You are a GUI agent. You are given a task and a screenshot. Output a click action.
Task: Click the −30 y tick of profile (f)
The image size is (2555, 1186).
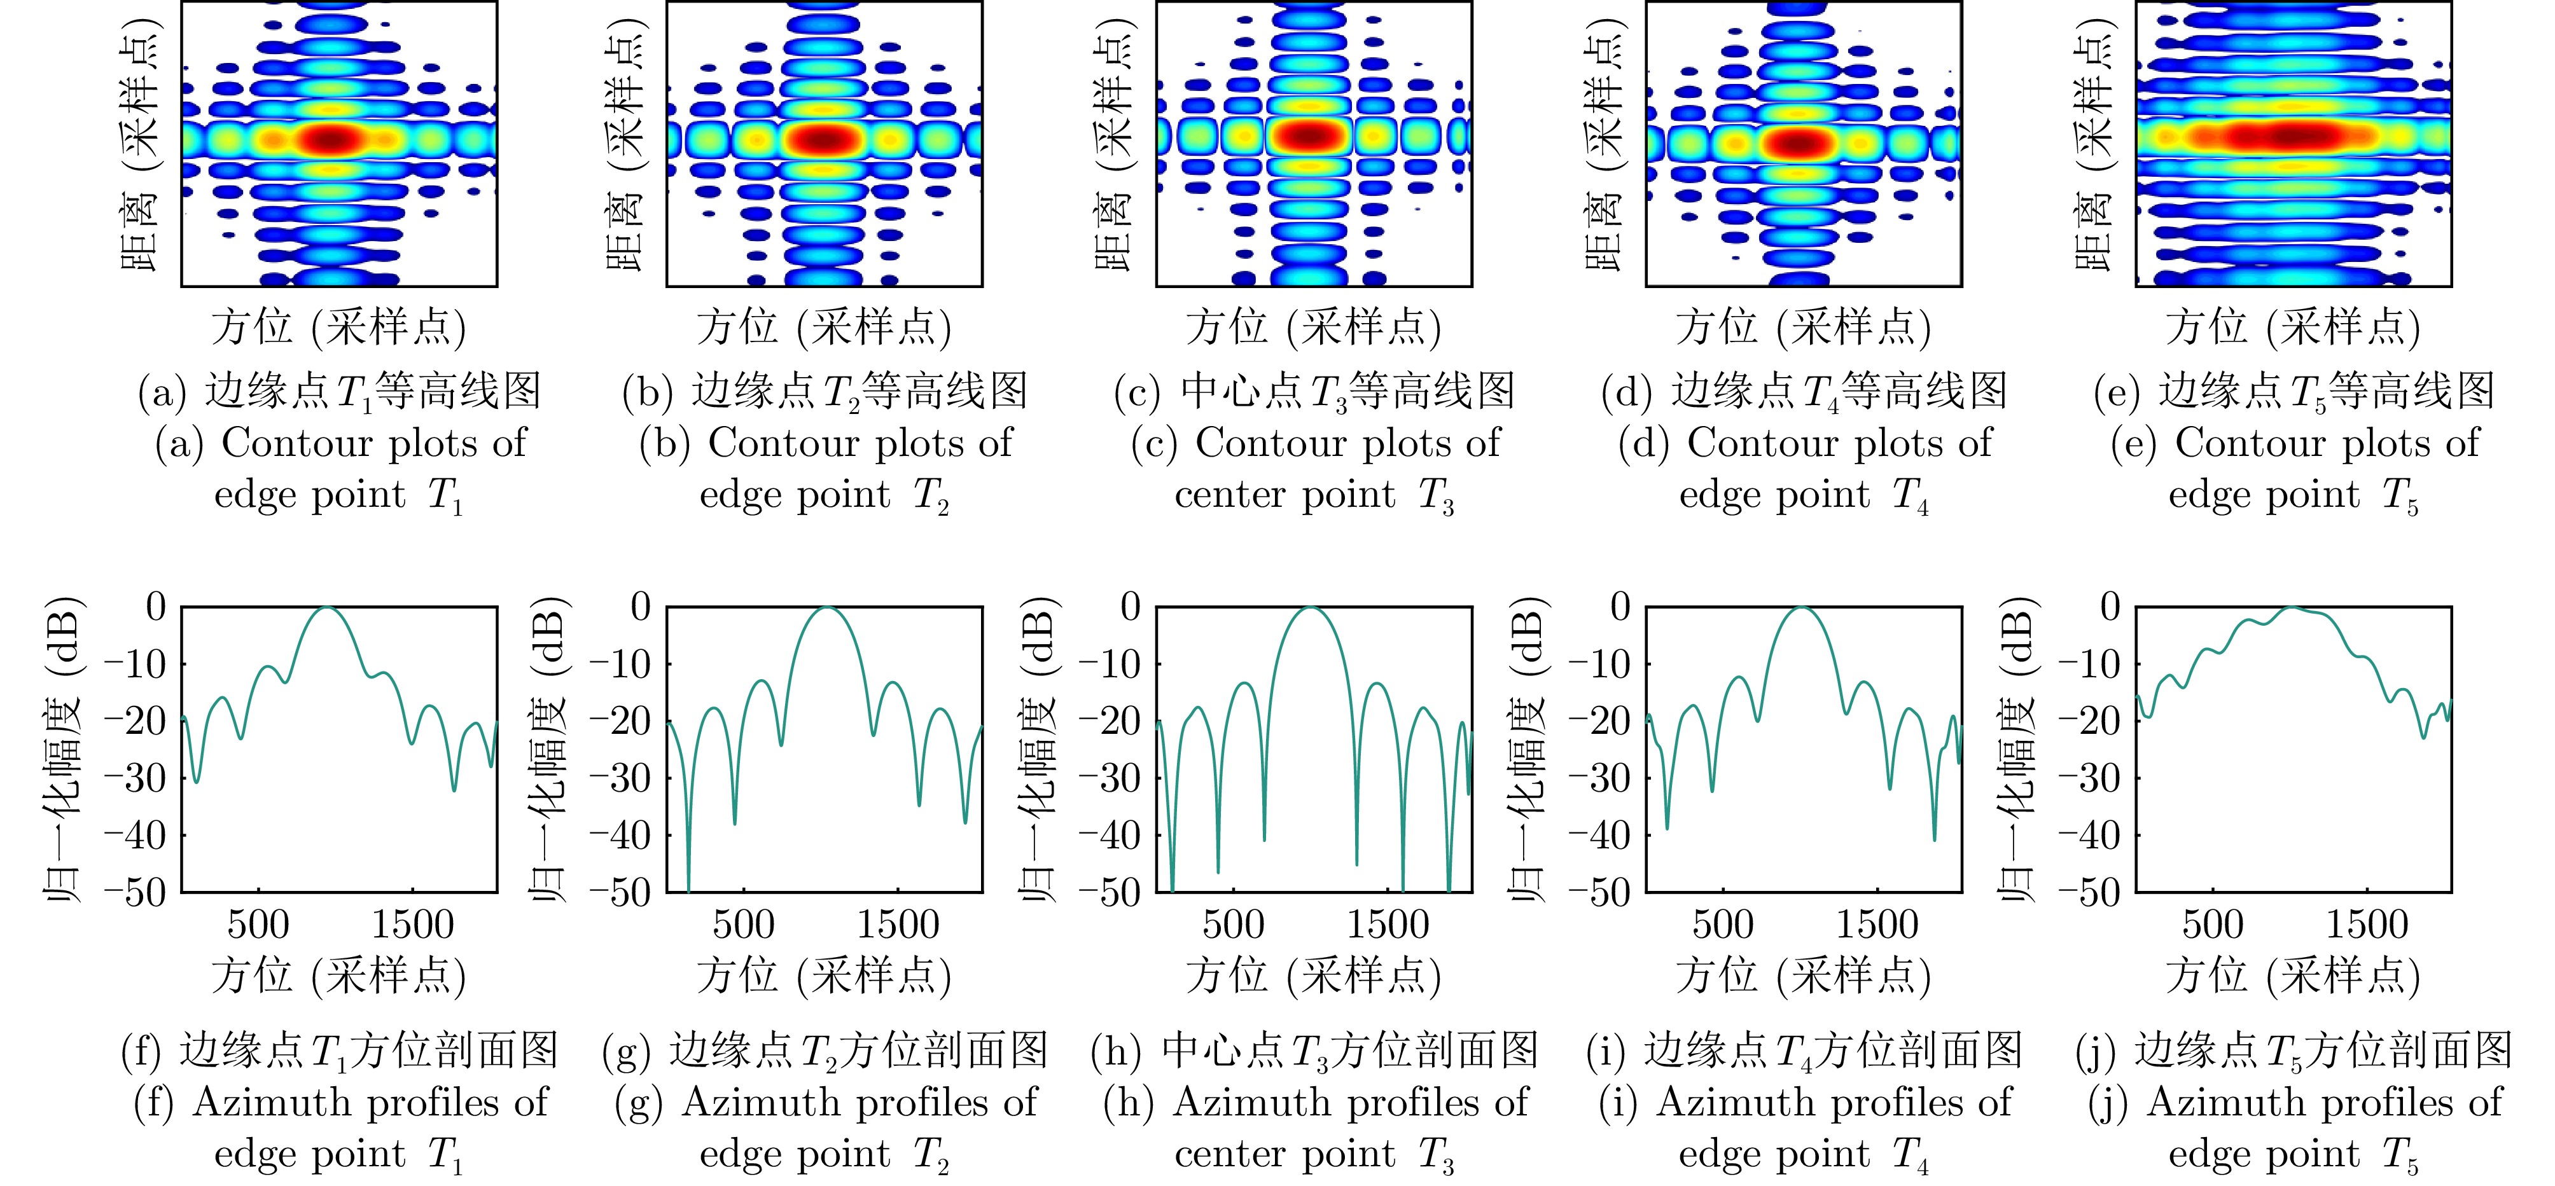pyautogui.click(x=136, y=778)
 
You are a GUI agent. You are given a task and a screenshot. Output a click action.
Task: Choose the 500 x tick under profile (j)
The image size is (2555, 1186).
pyautogui.click(x=2213, y=925)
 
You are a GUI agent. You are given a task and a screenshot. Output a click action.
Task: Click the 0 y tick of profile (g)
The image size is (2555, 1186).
pyautogui.click(x=641, y=606)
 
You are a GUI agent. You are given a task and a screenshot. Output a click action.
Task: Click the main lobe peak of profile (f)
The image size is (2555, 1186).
pyautogui.click(x=327, y=608)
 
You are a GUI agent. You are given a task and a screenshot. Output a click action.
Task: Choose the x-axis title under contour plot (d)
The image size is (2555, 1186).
pyautogui.click(x=1803, y=328)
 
